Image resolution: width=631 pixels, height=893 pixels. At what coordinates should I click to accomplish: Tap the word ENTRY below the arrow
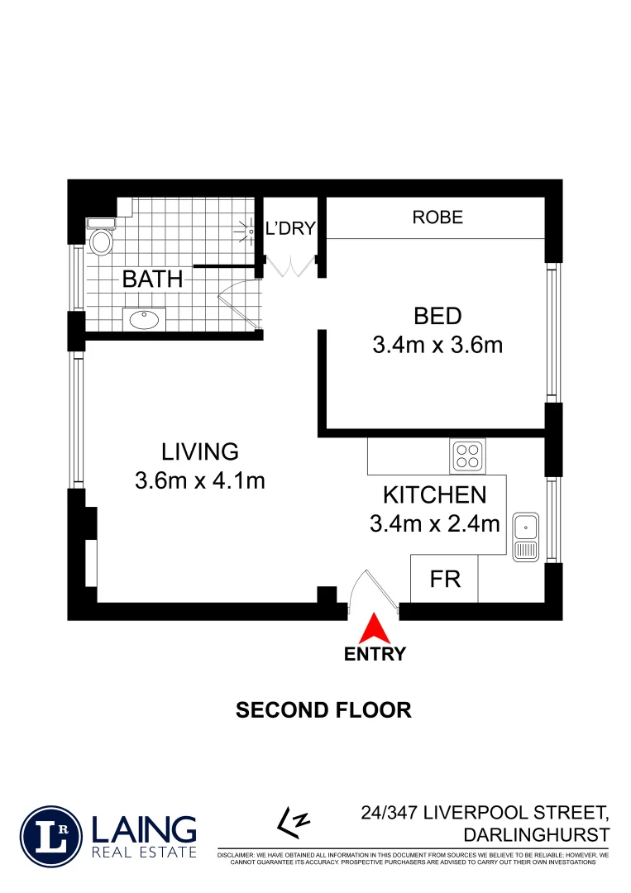[x=375, y=654]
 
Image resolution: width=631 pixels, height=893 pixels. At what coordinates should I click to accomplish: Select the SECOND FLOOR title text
[x=323, y=709]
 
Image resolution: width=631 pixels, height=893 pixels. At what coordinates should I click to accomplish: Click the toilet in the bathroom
[x=102, y=241]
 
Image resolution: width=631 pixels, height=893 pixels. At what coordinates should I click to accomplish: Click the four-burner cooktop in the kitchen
[x=468, y=455]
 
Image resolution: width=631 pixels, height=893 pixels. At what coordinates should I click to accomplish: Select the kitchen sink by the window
[x=525, y=537]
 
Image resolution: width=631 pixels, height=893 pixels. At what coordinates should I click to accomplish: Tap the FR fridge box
[x=444, y=579]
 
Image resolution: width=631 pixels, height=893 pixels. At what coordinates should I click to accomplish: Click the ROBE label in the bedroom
[x=437, y=218]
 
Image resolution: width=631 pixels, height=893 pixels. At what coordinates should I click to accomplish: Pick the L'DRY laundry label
[x=289, y=228]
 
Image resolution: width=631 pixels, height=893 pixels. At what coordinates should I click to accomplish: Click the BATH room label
[x=152, y=279]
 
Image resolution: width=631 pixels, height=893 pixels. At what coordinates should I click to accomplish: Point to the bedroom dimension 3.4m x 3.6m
[x=437, y=345]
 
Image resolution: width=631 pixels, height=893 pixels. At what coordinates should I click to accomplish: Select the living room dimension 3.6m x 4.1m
[x=199, y=480]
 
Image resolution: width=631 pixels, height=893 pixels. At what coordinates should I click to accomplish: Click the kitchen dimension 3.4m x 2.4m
[x=435, y=523]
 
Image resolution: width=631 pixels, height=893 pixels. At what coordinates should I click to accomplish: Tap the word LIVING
[x=199, y=451]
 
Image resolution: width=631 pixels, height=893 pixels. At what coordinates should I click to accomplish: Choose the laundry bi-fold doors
[x=289, y=266]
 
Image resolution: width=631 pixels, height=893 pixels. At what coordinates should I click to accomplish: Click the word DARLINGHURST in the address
[x=537, y=834]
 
